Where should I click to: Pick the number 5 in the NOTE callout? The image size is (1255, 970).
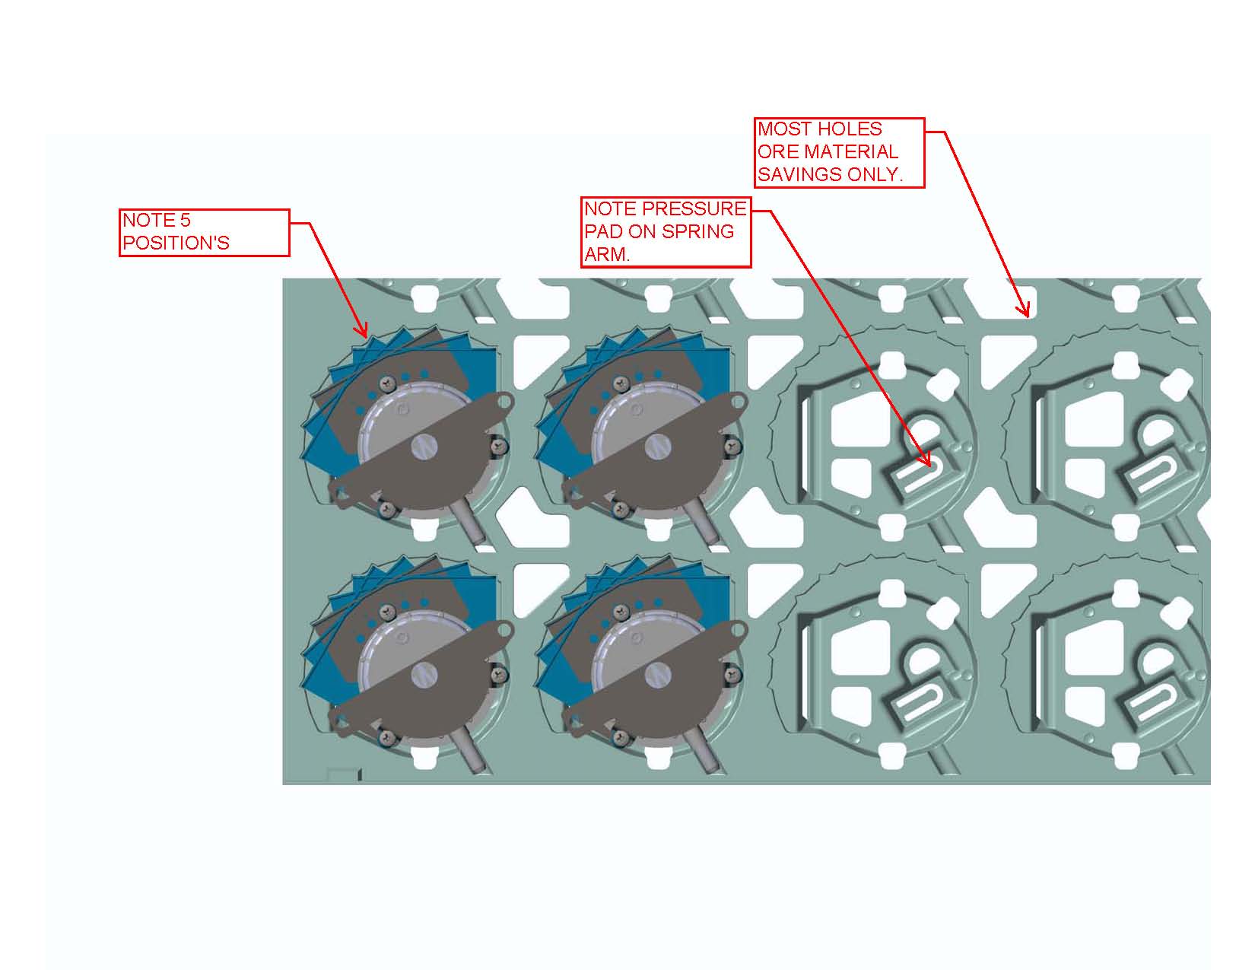(x=185, y=221)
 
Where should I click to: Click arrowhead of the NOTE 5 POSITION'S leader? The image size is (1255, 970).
(x=364, y=334)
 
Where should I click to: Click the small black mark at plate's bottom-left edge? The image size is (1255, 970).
(x=359, y=774)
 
